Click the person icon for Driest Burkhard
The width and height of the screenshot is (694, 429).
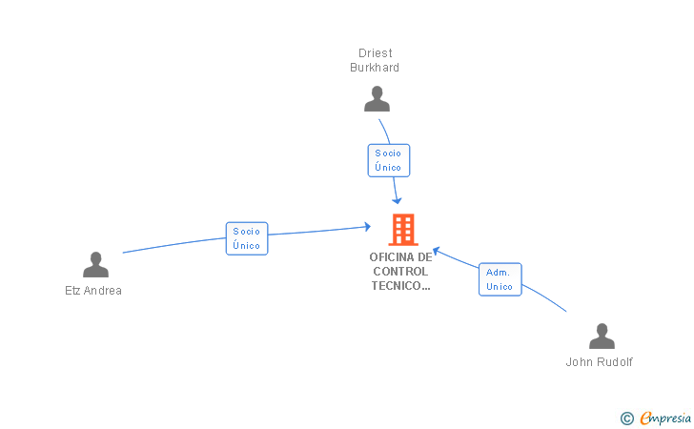378,99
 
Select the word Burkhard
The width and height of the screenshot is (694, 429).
375,68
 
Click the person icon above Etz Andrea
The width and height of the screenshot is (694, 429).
95,265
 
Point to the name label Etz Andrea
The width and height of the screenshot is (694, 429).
93,291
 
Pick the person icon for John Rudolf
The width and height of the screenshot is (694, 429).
602,337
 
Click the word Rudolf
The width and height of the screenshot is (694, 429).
615,362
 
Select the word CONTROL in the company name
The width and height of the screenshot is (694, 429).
401,271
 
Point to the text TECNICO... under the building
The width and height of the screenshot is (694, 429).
401,285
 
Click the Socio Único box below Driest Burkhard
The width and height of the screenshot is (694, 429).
388,160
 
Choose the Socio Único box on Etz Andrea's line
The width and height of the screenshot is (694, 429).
247,238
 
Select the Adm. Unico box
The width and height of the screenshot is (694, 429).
500,279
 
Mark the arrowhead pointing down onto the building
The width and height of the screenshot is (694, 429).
397,200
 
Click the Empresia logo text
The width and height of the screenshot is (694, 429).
665,418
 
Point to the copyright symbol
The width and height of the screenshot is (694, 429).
626,418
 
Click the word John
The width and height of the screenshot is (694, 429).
580,362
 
